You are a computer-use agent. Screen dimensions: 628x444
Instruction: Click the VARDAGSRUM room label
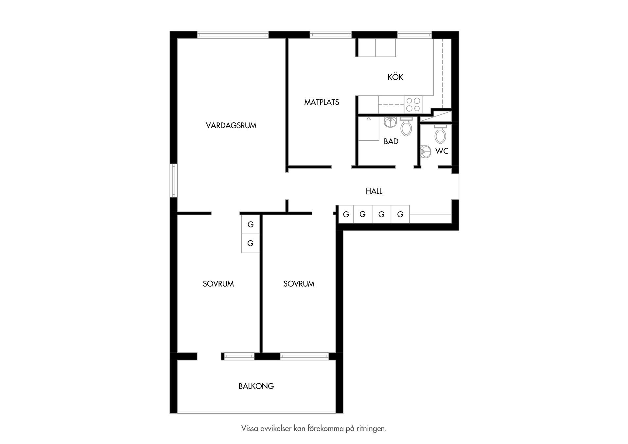(x=231, y=126)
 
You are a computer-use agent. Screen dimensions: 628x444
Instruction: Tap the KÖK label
(x=395, y=77)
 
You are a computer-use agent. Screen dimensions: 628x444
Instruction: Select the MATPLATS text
(x=322, y=102)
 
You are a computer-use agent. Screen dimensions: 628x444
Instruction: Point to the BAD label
(x=391, y=142)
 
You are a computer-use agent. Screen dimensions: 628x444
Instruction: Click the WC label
(x=442, y=151)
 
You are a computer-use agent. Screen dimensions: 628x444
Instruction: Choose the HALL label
(x=374, y=191)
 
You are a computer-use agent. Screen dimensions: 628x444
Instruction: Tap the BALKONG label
(x=256, y=386)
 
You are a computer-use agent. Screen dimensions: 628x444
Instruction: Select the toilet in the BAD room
(x=406, y=127)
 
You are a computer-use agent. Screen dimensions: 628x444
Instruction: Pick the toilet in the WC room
(x=440, y=134)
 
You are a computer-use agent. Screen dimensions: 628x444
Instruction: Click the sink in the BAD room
(x=390, y=122)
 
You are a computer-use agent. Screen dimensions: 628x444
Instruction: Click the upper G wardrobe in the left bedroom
(x=251, y=224)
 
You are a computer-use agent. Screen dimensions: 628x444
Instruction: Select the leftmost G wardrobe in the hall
(x=346, y=214)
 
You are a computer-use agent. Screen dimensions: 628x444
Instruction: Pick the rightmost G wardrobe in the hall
(x=400, y=214)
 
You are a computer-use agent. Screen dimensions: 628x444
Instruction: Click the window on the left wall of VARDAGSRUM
(x=174, y=180)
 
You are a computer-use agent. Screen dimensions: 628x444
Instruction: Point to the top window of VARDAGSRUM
(x=233, y=35)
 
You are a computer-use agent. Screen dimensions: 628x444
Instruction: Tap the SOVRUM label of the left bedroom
(x=218, y=284)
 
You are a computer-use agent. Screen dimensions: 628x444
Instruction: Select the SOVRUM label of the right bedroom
(x=299, y=284)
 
